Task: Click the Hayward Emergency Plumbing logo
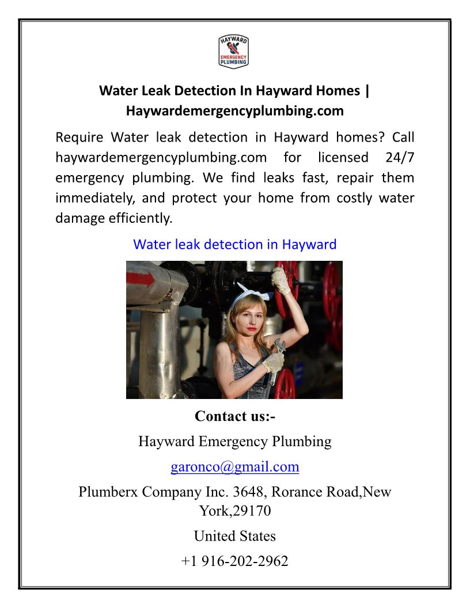coord(234,51)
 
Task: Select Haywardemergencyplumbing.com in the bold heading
coord(234,110)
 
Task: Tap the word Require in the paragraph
coord(79,138)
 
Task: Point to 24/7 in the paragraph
coord(397,157)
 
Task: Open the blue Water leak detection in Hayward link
coord(234,244)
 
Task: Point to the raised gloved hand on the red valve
coord(281,279)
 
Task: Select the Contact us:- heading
coord(234,416)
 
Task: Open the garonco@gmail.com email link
coord(234,466)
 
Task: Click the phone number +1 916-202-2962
coord(234,561)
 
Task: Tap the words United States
coord(234,536)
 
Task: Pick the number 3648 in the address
coord(248,493)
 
